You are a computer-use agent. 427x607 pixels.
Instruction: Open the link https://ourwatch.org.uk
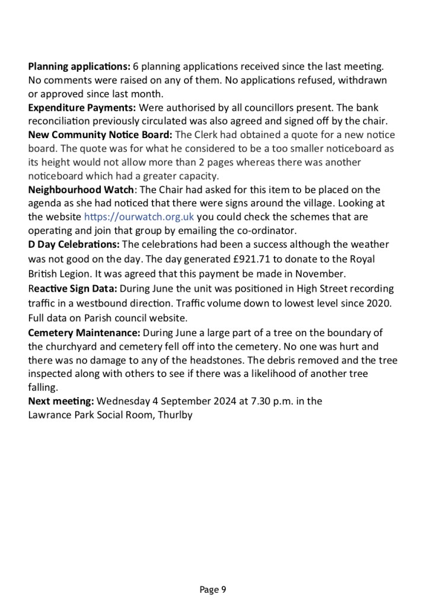[139, 217]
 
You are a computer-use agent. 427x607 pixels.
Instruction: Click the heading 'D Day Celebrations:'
[74, 244]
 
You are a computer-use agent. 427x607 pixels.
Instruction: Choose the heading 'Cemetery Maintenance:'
[84, 331]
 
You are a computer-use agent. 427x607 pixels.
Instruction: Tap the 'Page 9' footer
[213, 589]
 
